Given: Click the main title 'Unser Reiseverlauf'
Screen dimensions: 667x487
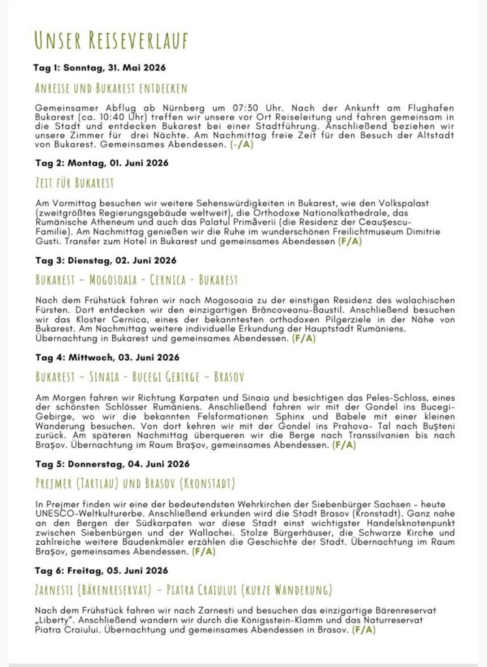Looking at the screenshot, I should (x=111, y=40).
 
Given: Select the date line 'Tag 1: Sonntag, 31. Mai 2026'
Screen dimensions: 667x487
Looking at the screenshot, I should (x=100, y=68).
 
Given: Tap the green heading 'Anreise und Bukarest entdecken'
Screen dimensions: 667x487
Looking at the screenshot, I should (x=111, y=88).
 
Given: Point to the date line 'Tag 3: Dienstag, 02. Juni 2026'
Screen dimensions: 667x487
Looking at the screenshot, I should (x=105, y=261).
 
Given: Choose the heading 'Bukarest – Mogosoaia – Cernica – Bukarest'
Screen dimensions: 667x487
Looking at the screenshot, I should (x=136, y=280).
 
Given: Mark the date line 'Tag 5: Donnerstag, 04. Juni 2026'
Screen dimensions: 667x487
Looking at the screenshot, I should (x=112, y=464).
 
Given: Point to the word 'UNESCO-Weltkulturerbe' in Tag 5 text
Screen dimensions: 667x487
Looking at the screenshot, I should (x=86, y=513).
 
